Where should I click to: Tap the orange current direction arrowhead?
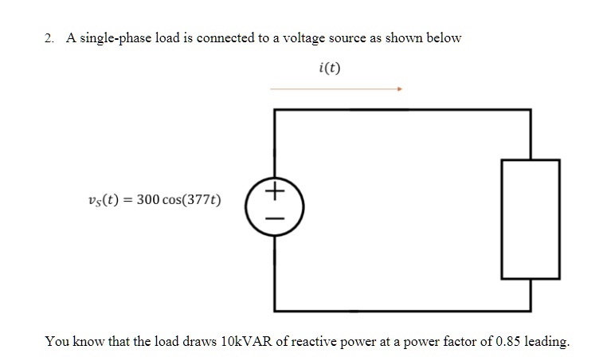(x=400, y=89)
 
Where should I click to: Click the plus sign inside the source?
(x=275, y=192)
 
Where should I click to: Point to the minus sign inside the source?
(x=275, y=217)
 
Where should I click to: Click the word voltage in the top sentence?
(x=307, y=38)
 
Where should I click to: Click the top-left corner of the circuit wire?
(x=275, y=110)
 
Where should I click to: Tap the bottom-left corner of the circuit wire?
(x=275, y=309)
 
